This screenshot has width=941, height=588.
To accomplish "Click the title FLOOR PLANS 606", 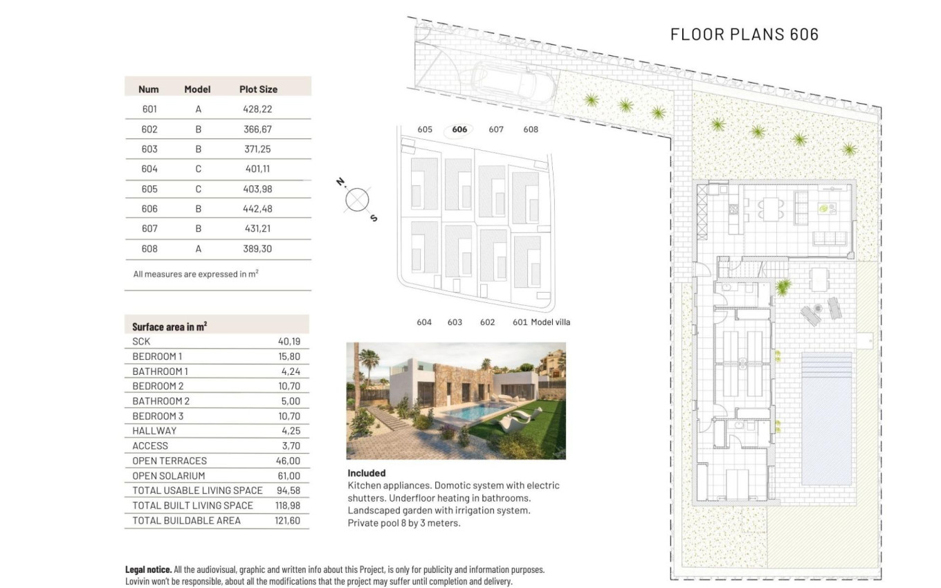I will [744, 34].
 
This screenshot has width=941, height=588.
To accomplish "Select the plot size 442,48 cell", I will [259, 209].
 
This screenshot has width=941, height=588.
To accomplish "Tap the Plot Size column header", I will [258, 89].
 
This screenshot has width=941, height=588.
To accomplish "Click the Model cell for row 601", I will [198, 109].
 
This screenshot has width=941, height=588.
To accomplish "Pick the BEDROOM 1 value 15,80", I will [289, 356].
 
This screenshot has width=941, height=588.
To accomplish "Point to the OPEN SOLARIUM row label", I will [169, 476].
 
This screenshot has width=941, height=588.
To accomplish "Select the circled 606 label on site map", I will [459, 129].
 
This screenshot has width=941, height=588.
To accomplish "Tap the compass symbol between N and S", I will [357, 200].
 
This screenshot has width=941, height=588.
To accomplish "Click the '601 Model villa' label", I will [541, 322].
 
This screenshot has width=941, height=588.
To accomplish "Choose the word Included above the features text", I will [367, 473].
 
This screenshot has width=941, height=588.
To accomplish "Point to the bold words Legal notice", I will [148, 569].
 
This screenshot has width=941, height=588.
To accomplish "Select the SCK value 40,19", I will [289, 342].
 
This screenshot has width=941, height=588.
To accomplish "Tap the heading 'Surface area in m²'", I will [170, 327].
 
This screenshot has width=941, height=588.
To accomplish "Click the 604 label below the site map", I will [424, 322].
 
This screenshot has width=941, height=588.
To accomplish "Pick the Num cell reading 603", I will [149, 149].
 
